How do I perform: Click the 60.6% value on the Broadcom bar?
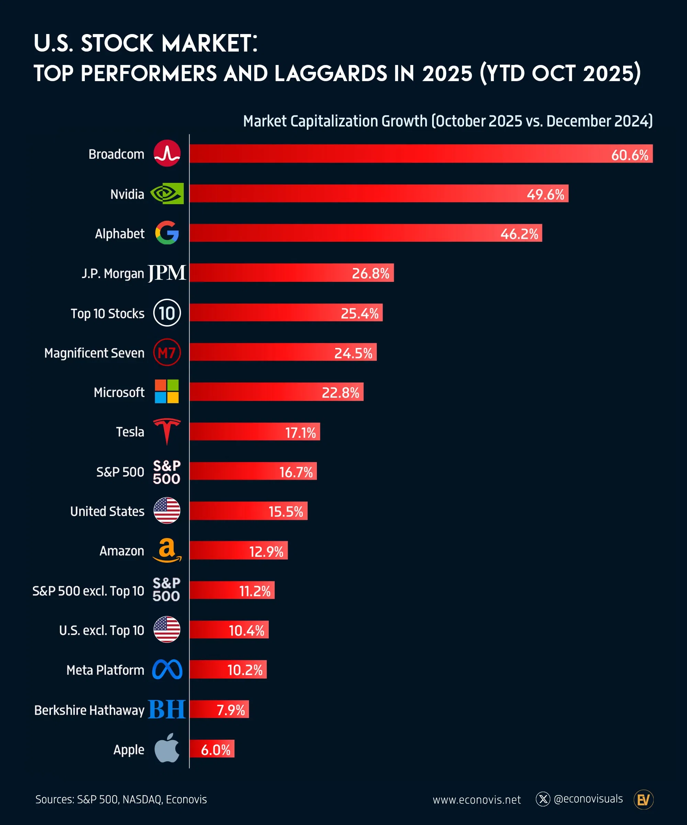click(629, 155)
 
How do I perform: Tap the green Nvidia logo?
click(167, 193)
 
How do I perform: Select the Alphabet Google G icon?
click(167, 233)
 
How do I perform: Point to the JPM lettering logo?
click(167, 273)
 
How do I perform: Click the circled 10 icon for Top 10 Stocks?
click(167, 313)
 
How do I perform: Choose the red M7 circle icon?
click(167, 352)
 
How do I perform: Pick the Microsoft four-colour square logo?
click(167, 391)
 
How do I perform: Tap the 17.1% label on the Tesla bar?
click(300, 432)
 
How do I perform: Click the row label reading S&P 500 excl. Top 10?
click(88, 591)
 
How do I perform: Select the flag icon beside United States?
click(167, 510)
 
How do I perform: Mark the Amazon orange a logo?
click(167, 550)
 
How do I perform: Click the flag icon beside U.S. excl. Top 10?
click(167, 629)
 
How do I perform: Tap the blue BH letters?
click(167, 709)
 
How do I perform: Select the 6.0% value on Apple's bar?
click(215, 750)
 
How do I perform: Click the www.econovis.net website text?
click(476, 800)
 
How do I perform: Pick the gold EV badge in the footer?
click(643, 800)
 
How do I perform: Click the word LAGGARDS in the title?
click(330, 74)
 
